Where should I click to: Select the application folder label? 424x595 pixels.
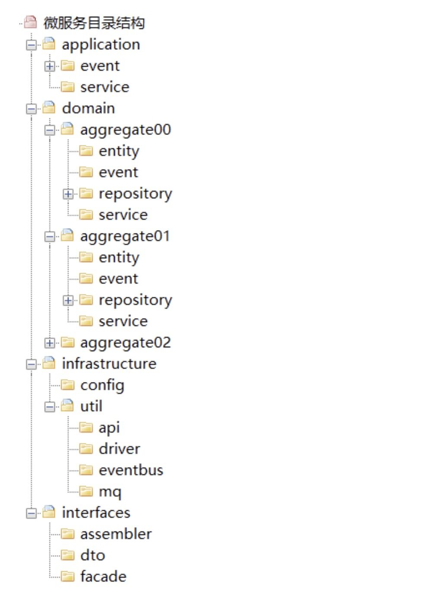pyautogui.click(x=101, y=44)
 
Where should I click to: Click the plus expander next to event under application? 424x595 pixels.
pyautogui.click(x=50, y=66)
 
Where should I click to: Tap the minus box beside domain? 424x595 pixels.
pyautogui.click(x=32, y=109)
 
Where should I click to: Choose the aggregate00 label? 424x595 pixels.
pyautogui.click(x=126, y=130)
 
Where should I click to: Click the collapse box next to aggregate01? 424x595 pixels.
pyautogui.click(x=50, y=237)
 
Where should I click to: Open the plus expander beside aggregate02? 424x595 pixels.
pyautogui.click(x=50, y=343)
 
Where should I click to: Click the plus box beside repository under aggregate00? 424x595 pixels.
pyautogui.click(x=68, y=194)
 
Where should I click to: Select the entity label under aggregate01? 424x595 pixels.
pyautogui.click(x=119, y=258)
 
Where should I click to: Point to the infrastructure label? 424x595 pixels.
pyautogui.click(x=109, y=364)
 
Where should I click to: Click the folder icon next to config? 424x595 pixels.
pyautogui.click(x=67, y=385)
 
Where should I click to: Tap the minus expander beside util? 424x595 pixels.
pyautogui.click(x=50, y=407)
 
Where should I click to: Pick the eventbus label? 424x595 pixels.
pyautogui.click(x=131, y=470)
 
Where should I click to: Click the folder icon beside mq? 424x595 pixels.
pyautogui.click(x=86, y=492)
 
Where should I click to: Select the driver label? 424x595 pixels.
pyautogui.click(x=120, y=449)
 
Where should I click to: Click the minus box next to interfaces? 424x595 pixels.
pyautogui.click(x=32, y=514)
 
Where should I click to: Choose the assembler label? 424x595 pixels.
pyautogui.click(x=116, y=534)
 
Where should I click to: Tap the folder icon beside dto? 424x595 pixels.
pyautogui.click(x=67, y=556)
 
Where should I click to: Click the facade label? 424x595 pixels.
pyautogui.click(x=103, y=577)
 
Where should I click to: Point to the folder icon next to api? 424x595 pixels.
pyautogui.click(x=86, y=428)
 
